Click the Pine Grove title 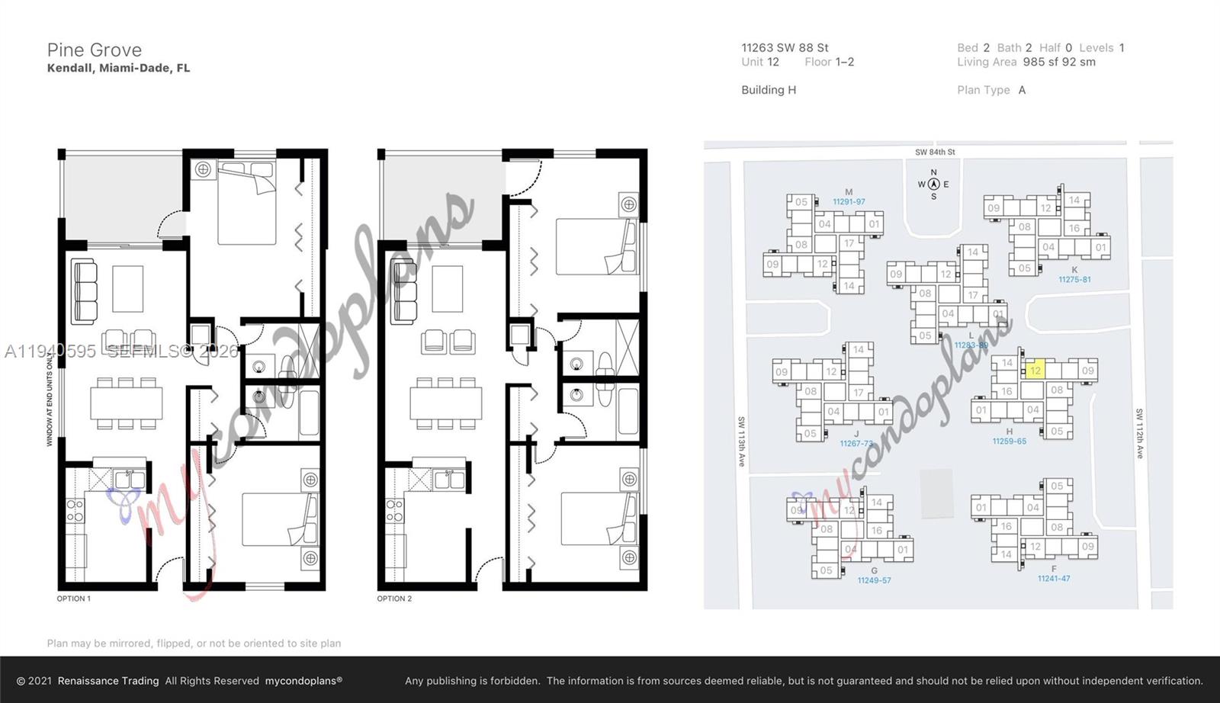(x=94, y=50)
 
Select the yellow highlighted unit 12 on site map (x=1035, y=371)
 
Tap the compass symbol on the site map (x=933, y=184)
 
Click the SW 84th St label (x=935, y=152)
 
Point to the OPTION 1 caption (x=73, y=599)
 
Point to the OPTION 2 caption (x=393, y=599)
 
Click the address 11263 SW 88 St (x=785, y=47)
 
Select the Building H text (x=769, y=90)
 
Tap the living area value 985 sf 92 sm (x=1059, y=62)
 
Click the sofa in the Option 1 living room (x=84, y=291)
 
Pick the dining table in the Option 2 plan (x=445, y=403)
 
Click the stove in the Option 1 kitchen (x=75, y=511)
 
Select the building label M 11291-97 (x=849, y=197)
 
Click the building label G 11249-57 (x=874, y=576)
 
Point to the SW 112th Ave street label (x=1139, y=433)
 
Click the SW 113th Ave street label (x=740, y=441)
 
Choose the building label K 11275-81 (x=1074, y=274)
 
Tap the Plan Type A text (x=991, y=90)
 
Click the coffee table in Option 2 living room (x=447, y=288)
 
